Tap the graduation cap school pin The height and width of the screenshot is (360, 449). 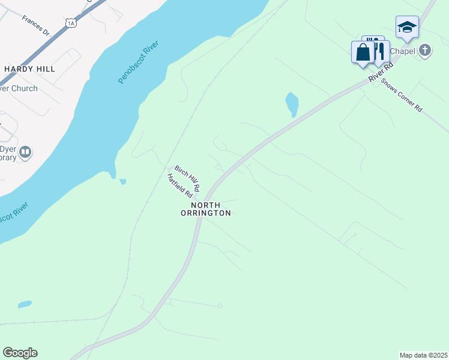point(407,28)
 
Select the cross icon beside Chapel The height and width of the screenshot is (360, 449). point(425,50)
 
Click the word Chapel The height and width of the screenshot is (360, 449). point(402,51)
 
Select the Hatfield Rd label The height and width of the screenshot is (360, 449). point(179,186)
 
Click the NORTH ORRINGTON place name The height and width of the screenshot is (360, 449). point(206,209)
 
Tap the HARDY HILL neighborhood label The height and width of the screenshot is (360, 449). point(29,69)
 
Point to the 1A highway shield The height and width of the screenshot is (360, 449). point(71,23)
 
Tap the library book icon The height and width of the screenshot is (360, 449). point(25,152)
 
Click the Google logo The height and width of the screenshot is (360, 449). point(20,353)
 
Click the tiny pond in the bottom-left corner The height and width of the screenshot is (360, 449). point(25,304)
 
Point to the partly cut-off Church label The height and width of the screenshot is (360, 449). point(18,88)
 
